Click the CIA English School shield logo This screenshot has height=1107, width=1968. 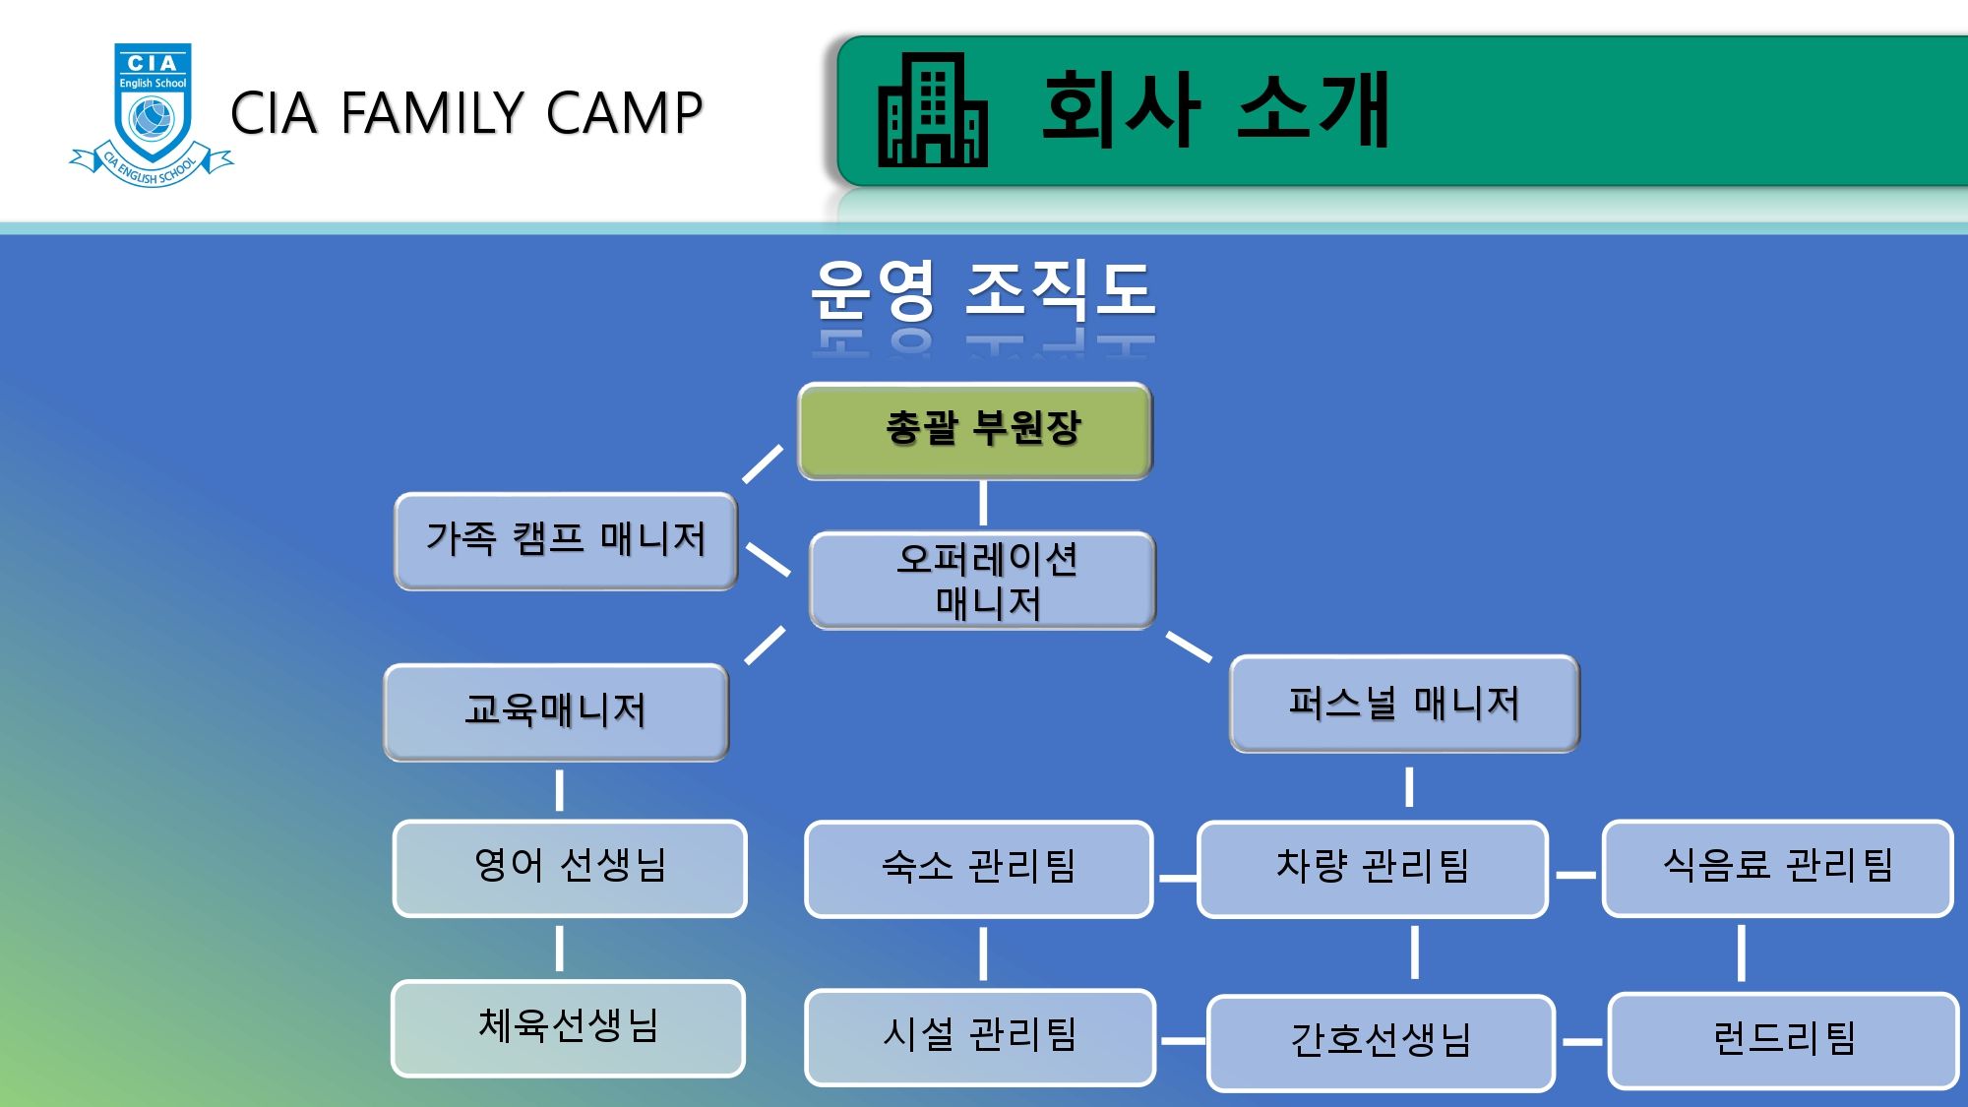point(152,114)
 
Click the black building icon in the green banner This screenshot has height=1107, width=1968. point(932,109)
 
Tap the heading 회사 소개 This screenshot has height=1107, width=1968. point(1215,109)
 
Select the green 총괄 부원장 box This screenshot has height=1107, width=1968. point(975,431)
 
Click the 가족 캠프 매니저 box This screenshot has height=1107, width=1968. point(566,541)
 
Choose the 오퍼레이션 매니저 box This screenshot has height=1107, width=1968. point(983,581)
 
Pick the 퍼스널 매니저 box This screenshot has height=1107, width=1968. point(1405,704)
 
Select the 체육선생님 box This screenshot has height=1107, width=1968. point(568,1028)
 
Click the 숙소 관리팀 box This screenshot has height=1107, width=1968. point(979,869)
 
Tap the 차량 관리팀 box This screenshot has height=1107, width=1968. point(1373,869)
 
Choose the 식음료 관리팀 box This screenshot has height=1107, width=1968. point(1778,868)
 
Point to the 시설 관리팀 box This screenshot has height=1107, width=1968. point(980,1037)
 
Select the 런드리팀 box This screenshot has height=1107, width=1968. point(1784,1041)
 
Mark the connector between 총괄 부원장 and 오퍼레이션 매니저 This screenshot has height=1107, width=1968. point(983,503)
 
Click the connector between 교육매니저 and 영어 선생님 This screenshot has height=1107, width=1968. point(559,790)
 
